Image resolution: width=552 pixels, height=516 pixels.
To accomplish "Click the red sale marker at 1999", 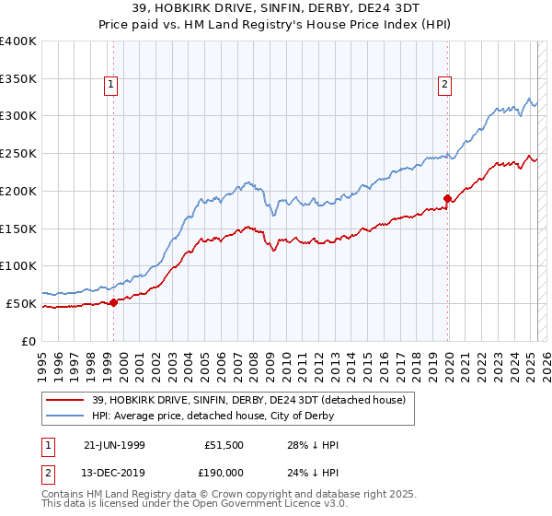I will (113, 301).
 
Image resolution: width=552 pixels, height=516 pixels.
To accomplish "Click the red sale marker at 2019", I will (448, 198).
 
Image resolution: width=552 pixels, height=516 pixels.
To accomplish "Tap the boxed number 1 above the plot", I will (111, 86).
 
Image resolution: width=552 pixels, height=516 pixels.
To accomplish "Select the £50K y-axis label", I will (22, 303).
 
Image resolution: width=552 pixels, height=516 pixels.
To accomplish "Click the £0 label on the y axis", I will (29, 341).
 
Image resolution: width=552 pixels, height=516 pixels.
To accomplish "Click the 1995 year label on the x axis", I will (42, 360).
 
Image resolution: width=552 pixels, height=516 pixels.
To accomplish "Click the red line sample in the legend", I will (65, 400).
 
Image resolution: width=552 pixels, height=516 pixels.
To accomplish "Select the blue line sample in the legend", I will (65, 416).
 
